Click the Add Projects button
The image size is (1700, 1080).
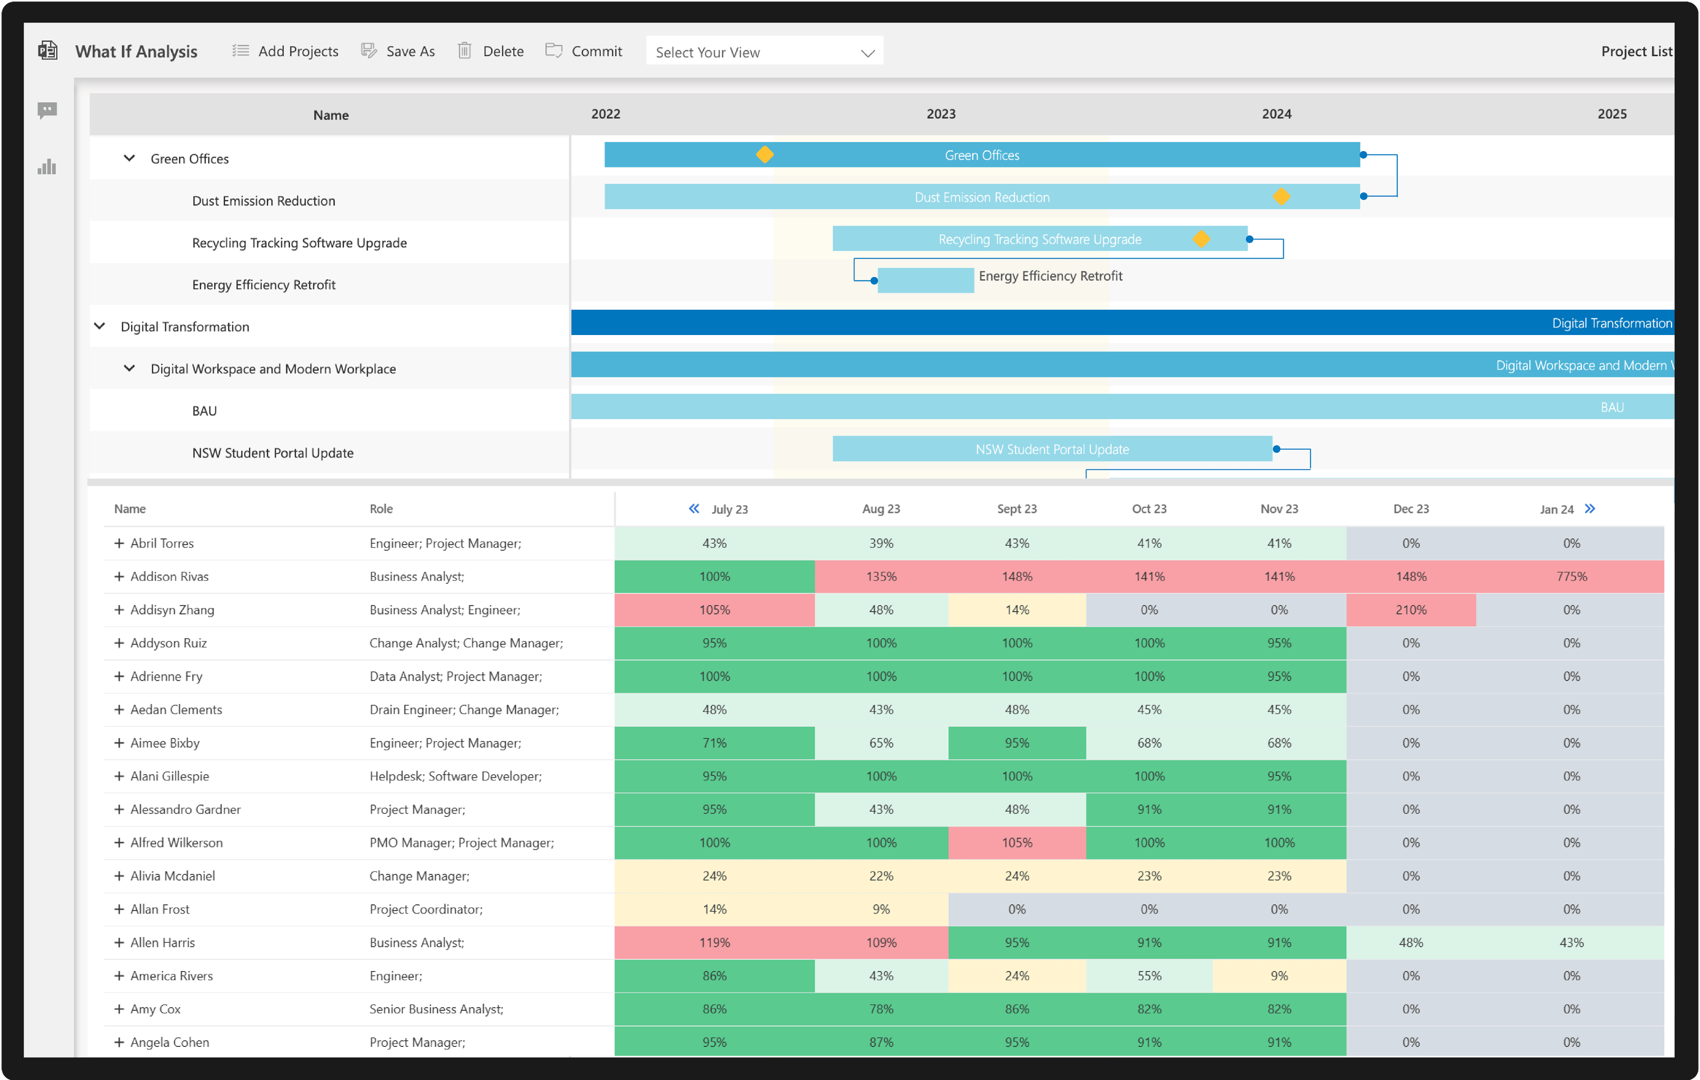pyautogui.click(x=286, y=51)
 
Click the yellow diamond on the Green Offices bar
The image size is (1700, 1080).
pyautogui.click(x=765, y=155)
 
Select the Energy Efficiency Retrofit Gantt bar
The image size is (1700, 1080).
pyautogui.click(x=925, y=280)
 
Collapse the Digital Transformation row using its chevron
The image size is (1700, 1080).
pyautogui.click(x=100, y=326)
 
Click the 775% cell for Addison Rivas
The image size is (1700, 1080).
pyautogui.click(x=1571, y=576)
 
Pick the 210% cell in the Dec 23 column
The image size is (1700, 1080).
pyautogui.click(x=1411, y=610)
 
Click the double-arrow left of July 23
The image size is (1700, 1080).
pyautogui.click(x=694, y=509)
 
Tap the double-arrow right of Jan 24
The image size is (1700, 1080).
pyautogui.click(x=1589, y=509)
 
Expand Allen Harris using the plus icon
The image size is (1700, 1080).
pyautogui.click(x=118, y=942)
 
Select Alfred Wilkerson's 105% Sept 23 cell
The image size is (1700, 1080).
pyautogui.click(x=1016, y=843)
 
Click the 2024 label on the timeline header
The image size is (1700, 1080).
pyautogui.click(x=1276, y=114)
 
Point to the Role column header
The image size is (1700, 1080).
pyautogui.click(x=381, y=509)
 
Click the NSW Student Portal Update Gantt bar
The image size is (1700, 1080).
pyautogui.click(x=1052, y=449)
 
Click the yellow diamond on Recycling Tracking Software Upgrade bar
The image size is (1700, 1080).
pyautogui.click(x=1201, y=239)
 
